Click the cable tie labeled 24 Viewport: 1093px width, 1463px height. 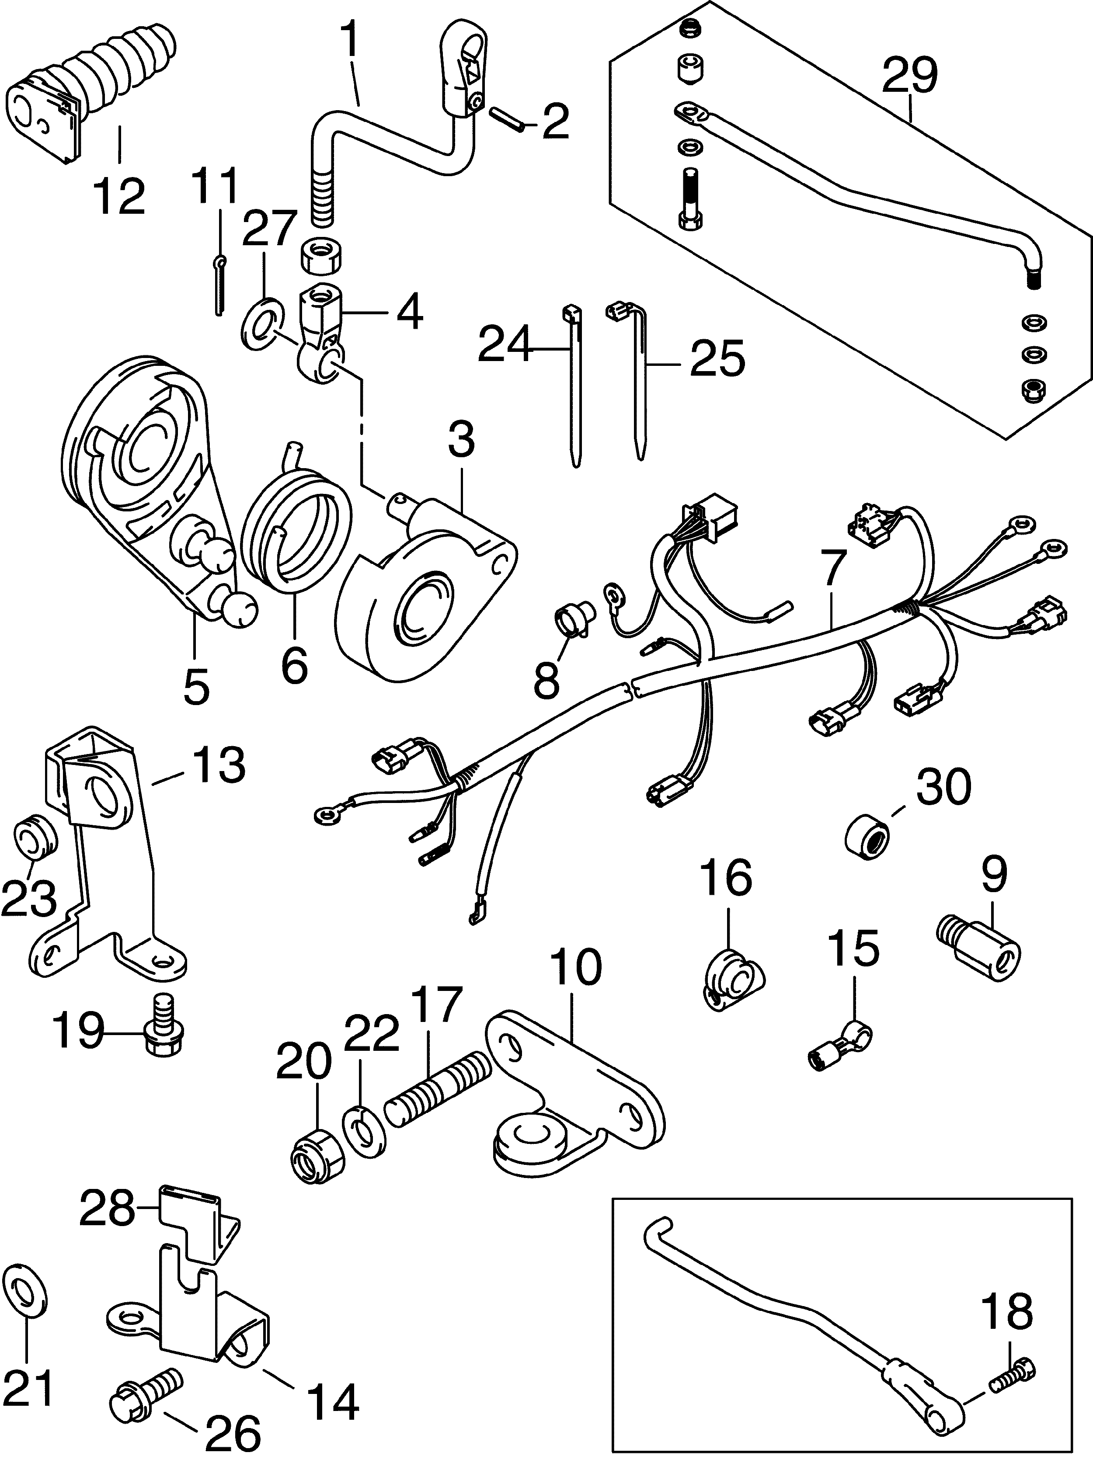tap(574, 384)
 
